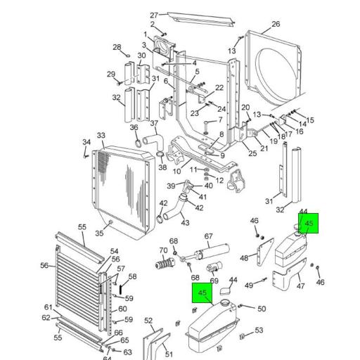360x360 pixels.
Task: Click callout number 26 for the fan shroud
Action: pos(276,24)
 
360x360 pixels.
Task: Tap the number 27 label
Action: pos(154,15)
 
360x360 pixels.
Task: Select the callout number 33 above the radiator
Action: pos(101,136)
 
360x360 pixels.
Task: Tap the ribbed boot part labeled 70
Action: pos(165,264)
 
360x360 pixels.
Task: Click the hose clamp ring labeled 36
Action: pos(138,143)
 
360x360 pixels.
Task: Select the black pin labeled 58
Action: pos(121,289)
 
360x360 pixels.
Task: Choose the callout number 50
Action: pos(262,309)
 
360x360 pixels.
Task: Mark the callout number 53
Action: pos(259,330)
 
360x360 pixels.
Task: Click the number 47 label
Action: pos(301,286)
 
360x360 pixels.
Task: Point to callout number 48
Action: pos(244,258)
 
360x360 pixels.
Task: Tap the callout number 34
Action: pos(86,142)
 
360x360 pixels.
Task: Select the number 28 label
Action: pos(117,47)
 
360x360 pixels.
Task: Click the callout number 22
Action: pos(219,88)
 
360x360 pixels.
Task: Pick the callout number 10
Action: pos(176,172)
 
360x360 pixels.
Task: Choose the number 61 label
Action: pos(49,307)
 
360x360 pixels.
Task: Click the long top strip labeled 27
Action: pos(201,20)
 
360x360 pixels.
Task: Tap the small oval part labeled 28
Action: pos(128,56)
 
